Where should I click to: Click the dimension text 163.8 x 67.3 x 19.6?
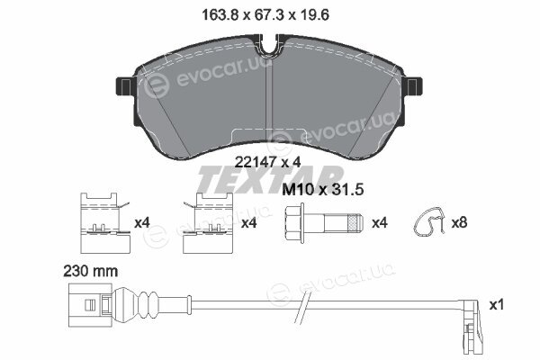pos(265,15)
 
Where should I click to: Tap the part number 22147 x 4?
pos(267,162)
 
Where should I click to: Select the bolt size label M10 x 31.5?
pos(323,190)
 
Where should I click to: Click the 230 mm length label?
pos(91,272)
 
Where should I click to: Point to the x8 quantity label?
pos(459,222)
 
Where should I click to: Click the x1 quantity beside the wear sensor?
pos(497,304)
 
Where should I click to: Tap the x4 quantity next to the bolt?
pos(380,223)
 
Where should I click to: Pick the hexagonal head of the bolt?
pos(295,223)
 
